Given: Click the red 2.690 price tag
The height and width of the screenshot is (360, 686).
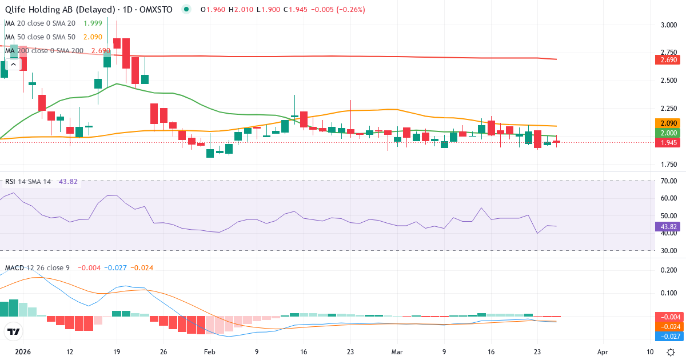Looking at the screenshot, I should [665, 59].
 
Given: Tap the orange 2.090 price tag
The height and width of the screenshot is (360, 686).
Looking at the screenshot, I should [665, 123].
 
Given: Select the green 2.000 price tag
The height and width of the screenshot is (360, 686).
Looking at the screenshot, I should [665, 133].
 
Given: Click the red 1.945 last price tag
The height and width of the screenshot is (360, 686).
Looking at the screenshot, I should [665, 143].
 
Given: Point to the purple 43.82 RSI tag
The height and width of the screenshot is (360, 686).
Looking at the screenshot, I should [665, 226].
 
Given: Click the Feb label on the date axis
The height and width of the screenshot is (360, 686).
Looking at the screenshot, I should [210, 351].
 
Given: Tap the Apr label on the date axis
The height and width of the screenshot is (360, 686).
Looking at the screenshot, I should [602, 351].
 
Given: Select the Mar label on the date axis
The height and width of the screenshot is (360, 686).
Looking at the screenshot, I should [397, 351].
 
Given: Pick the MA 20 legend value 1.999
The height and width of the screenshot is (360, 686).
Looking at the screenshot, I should [88, 23].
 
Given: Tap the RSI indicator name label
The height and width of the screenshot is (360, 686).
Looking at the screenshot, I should [10, 182].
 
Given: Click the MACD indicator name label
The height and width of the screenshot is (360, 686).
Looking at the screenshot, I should [15, 267].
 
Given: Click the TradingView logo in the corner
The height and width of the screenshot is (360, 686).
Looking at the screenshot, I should [14, 331].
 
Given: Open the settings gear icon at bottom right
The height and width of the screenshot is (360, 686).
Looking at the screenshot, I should [672, 351].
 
